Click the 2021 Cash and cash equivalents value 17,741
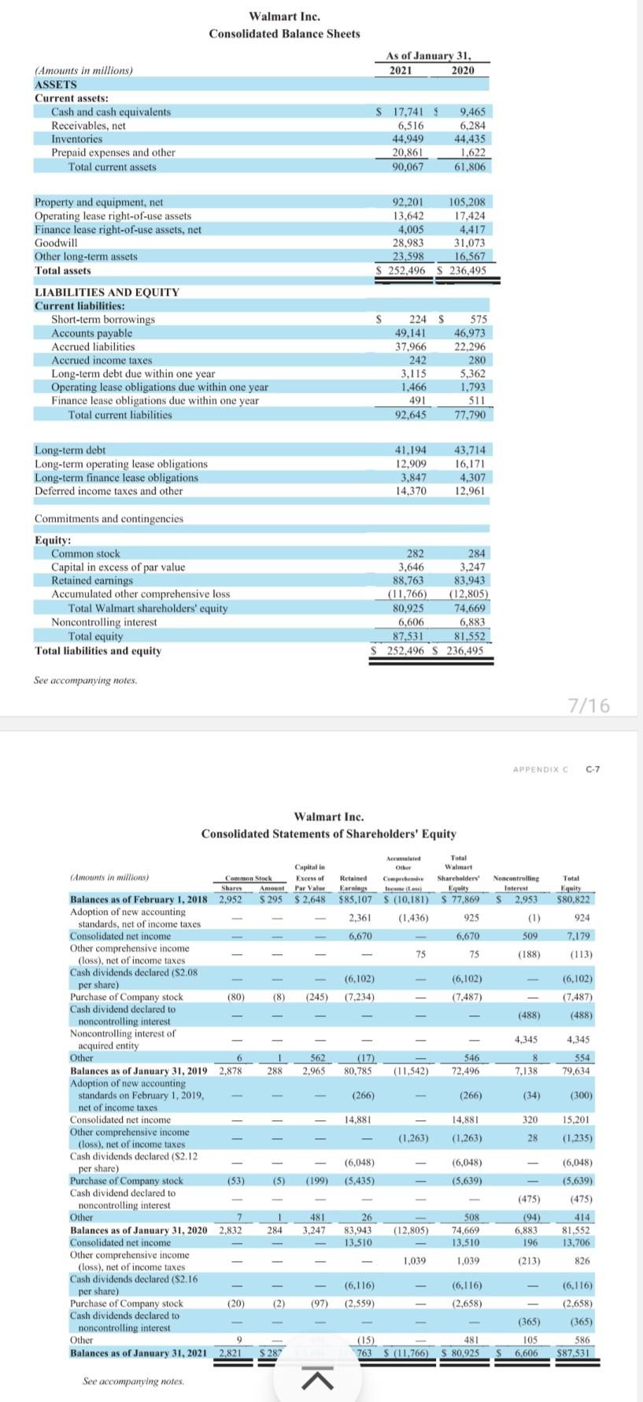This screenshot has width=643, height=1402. tap(408, 113)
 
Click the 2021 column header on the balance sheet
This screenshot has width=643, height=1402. tap(401, 70)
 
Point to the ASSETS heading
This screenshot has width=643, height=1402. tap(56, 84)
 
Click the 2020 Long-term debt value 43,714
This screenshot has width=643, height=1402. tap(470, 450)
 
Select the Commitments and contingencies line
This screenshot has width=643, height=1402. tap(109, 519)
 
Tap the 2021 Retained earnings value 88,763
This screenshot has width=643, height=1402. tap(409, 580)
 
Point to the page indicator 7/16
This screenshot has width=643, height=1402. tap(589, 705)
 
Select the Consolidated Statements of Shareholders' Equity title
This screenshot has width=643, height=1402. tap(328, 834)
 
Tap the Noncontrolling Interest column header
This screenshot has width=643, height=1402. tap(516, 882)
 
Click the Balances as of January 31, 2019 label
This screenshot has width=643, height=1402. tap(139, 1071)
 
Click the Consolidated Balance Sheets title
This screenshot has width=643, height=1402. tap(284, 34)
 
